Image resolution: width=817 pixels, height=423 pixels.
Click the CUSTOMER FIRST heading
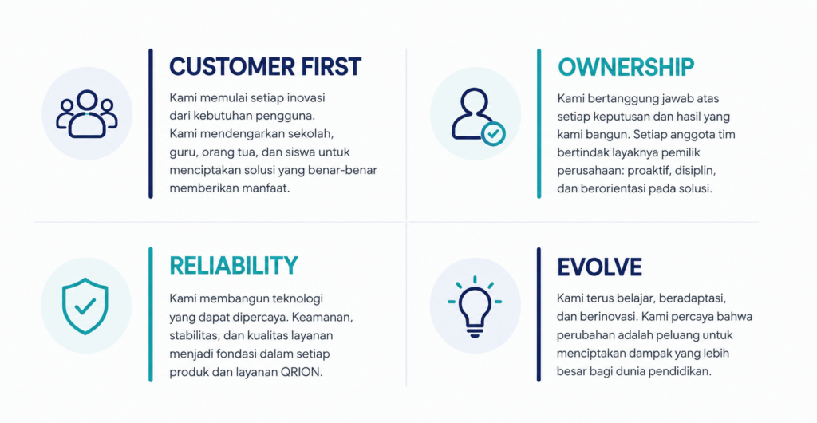click(265, 67)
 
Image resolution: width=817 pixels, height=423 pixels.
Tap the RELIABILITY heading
click(234, 265)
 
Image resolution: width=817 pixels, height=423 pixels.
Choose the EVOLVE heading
click(599, 267)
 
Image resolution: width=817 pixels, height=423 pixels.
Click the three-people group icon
click(87, 114)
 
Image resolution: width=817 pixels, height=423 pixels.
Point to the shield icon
click(85, 306)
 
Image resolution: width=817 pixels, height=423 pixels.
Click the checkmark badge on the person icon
click(493, 134)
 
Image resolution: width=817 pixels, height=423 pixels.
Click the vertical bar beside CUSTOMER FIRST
click(151, 124)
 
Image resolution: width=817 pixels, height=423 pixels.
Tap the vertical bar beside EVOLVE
click(539, 314)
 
